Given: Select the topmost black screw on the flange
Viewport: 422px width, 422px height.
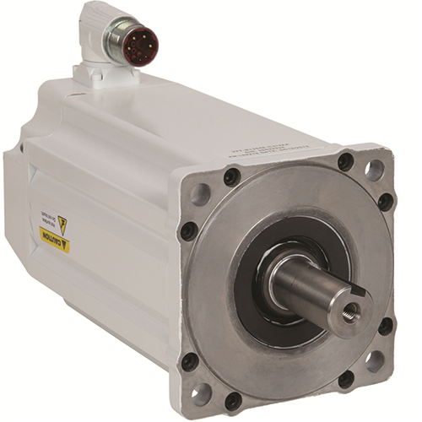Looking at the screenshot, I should tap(345, 161).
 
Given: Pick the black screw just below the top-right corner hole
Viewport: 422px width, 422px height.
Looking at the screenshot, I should tap(386, 202).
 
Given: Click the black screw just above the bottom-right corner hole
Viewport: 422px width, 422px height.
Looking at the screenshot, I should tap(386, 326).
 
